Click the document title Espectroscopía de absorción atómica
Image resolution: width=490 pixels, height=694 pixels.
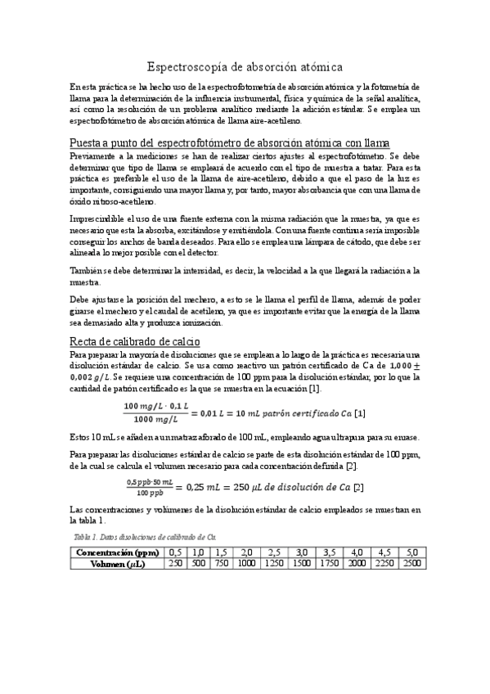pos(245,65)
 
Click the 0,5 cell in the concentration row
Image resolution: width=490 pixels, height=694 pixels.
pos(175,552)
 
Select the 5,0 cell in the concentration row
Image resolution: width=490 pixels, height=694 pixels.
pos(411,552)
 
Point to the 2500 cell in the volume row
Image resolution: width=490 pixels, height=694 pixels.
pos(411,564)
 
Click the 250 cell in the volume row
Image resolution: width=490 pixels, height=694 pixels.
pos(175,564)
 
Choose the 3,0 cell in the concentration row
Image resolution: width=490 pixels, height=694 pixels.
pos(303,552)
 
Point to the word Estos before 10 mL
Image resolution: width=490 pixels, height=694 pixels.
pos(80,435)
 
